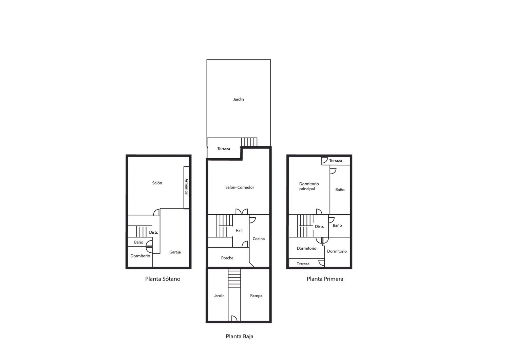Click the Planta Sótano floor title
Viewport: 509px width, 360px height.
click(x=163, y=279)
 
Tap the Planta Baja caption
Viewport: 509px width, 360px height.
click(x=240, y=336)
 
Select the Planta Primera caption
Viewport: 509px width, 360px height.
click(x=325, y=279)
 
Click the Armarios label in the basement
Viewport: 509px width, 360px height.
click(x=187, y=186)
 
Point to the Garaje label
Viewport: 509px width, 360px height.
click(x=175, y=252)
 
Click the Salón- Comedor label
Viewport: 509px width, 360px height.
click(x=240, y=187)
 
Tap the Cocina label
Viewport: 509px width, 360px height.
click(x=259, y=239)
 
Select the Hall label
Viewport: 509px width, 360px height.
click(x=239, y=231)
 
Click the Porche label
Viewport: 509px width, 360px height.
click(x=227, y=258)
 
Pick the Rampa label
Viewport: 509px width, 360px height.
click(x=256, y=296)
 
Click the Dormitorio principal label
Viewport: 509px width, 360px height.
click(x=309, y=186)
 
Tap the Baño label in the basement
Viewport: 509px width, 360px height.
click(x=138, y=242)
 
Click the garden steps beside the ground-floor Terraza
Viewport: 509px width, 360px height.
click(x=249, y=142)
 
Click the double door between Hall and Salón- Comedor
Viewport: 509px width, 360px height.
click(x=242, y=212)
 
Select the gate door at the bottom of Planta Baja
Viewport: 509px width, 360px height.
click(x=234, y=318)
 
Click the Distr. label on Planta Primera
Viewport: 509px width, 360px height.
click(x=320, y=227)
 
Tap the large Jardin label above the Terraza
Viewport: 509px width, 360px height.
click(x=239, y=100)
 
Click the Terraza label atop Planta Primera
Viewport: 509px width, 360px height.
click(x=336, y=161)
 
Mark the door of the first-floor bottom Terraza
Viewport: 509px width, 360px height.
click(x=322, y=263)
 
